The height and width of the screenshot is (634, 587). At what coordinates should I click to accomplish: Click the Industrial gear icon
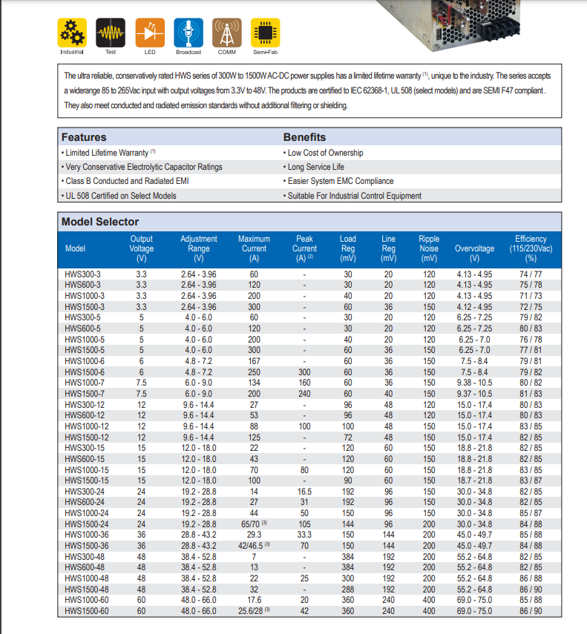click(x=72, y=33)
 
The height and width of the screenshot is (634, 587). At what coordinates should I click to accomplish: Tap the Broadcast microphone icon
click(x=188, y=33)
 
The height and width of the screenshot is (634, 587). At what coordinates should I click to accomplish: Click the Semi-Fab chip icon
click(x=265, y=33)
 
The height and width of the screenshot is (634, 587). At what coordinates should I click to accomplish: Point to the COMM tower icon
click(x=226, y=33)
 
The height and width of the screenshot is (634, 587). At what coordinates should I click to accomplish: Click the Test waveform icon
click(x=111, y=33)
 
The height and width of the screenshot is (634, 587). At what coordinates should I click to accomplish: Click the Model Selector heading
click(x=99, y=222)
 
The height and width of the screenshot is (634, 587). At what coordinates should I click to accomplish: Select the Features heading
click(x=84, y=137)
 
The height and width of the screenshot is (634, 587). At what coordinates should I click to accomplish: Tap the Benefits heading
click(x=304, y=137)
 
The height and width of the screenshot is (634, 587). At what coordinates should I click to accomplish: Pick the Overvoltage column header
click(x=474, y=248)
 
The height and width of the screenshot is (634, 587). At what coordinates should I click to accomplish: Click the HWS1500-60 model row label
click(x=87, y=612)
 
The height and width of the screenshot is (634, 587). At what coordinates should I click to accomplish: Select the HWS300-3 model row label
click(x=82, y=274)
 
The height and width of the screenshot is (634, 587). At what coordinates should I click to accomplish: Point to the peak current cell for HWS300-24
click(x=304, y=492)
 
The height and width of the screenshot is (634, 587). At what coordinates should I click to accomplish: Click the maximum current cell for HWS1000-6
click(x=254, y=361)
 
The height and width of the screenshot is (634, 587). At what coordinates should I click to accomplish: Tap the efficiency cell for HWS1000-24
click(x=531, y=513)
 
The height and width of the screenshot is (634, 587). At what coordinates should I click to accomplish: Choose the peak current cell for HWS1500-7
click(x=304, y=394)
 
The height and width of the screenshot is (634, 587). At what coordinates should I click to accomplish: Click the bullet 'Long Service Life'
click(x=315, y=167)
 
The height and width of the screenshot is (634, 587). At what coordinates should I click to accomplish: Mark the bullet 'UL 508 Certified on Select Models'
click(x=121, y=196)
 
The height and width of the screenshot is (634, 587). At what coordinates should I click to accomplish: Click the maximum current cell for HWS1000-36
click(x=254, y=535)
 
